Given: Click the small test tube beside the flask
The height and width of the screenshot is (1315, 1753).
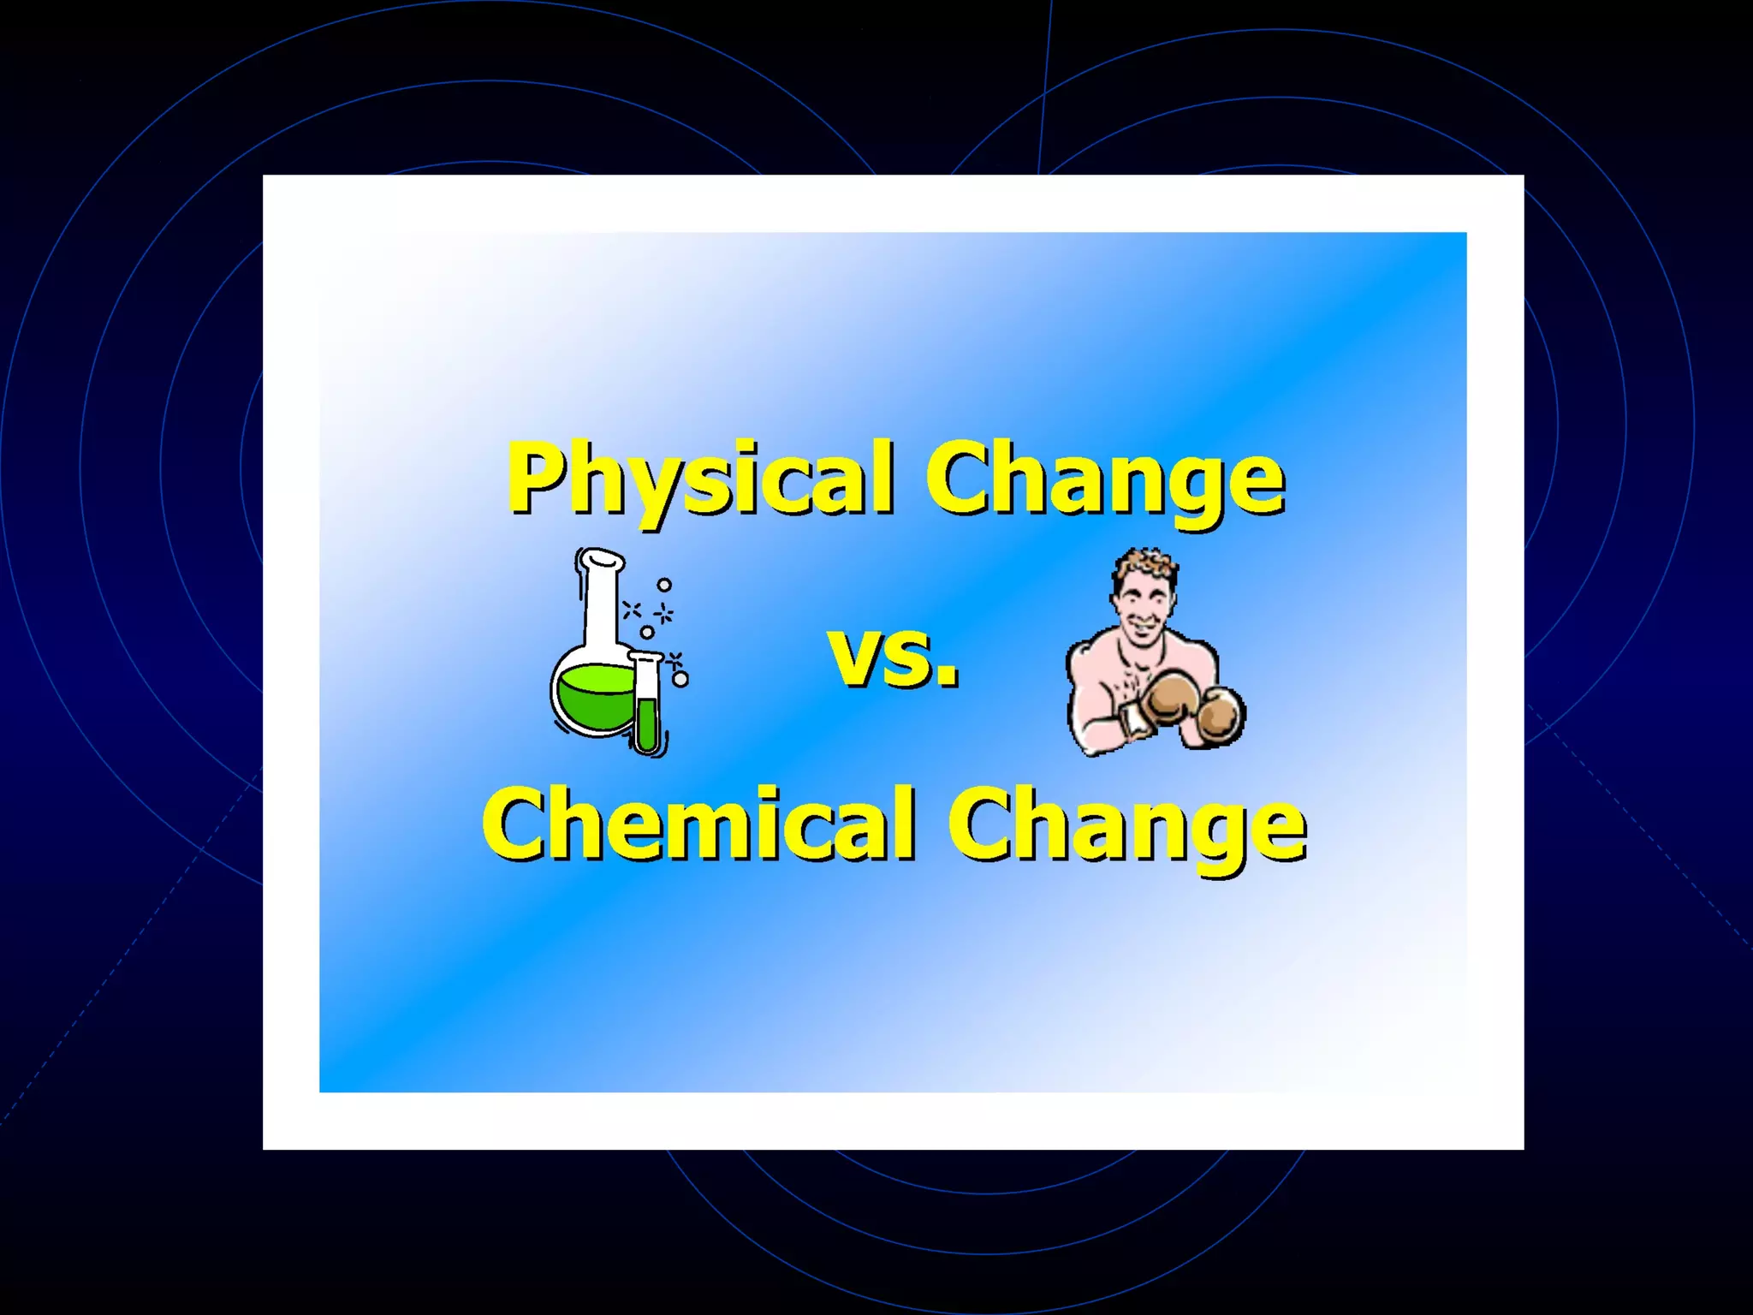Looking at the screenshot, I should (x=648, y=706).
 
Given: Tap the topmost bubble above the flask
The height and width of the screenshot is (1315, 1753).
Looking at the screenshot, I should (x=664, y=586).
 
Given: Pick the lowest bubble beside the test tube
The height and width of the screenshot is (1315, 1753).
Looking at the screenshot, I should (x=681, y=680).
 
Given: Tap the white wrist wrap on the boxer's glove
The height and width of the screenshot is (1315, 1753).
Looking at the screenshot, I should (x=1132, y=717).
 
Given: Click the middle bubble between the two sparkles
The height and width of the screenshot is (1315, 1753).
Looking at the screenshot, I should (x=647, y=632).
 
